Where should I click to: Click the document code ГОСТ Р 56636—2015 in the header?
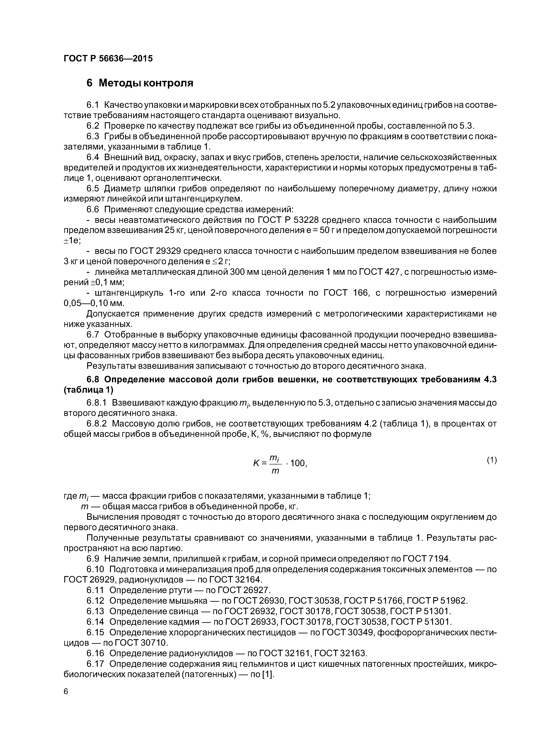click(x=108, y=59)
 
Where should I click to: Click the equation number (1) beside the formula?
click(x=491, y=460)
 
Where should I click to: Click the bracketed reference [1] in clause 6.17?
click(x=268, y=674)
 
